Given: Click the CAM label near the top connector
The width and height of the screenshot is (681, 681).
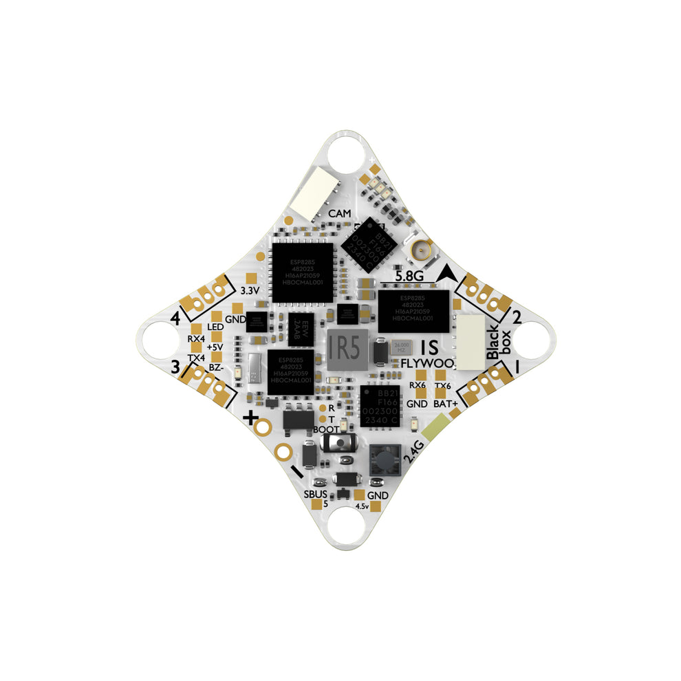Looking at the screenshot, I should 339,214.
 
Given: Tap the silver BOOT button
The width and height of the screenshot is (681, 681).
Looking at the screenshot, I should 337,444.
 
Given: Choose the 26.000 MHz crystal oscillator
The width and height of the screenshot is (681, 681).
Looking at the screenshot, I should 402,347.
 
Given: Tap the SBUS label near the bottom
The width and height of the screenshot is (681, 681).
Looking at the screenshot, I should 315,494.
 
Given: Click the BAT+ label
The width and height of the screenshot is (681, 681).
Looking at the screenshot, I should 444,404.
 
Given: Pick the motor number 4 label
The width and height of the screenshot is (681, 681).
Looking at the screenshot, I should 175,318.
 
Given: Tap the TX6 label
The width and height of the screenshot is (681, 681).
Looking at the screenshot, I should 444,385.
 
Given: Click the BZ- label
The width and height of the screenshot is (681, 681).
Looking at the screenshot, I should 215,368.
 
